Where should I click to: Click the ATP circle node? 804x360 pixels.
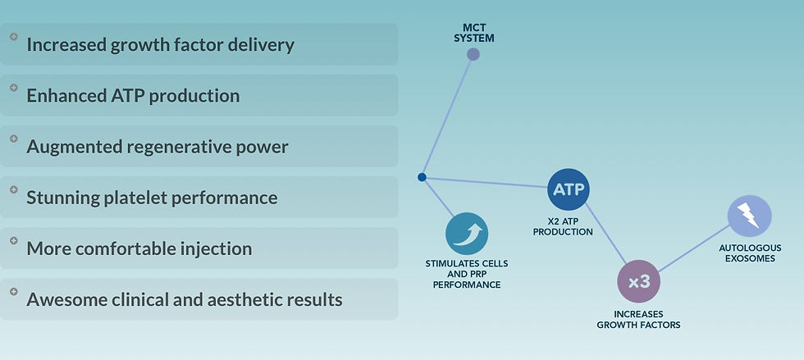pyautogui.click(x=568, y=190)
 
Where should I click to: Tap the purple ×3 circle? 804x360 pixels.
pyautogui.click(x=638, y=282)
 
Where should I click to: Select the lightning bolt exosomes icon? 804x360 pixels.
pyautogui.click(x=749, y=216)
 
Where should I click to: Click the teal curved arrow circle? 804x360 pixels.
pyautogui.click(x=467, y=235)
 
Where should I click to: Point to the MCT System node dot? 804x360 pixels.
pyautogui.click(x=473, y=55)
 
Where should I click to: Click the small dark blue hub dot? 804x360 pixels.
pyautogui.click(x=422, y=177)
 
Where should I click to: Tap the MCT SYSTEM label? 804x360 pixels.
pyautogui.click(x=473, y=33)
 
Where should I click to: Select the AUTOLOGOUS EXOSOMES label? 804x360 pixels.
pyautogui.click(x=747, y=253)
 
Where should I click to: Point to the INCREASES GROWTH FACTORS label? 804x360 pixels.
pyautogui.click(x=638, y=320)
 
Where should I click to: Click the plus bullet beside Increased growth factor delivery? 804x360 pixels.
pyautogui.click(x=14, y=37)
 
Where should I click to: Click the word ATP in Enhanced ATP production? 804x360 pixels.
pyautogui.click(x=126, y=96)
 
